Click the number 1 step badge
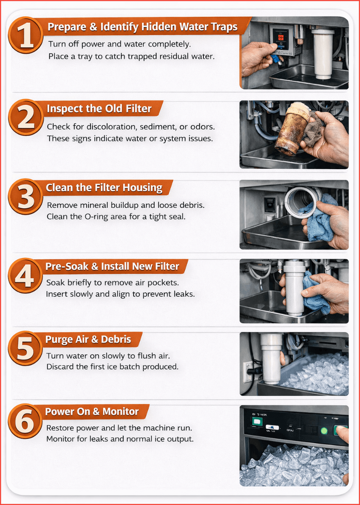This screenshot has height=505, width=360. coord(26,35)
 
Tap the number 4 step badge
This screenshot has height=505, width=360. coord(25,276)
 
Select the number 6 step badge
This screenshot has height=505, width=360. coord(25,421)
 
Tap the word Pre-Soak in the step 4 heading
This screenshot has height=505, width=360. coord(67,266)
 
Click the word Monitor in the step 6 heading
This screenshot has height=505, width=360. coord(120,412)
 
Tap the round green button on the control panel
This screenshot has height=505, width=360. coord(324,431)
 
